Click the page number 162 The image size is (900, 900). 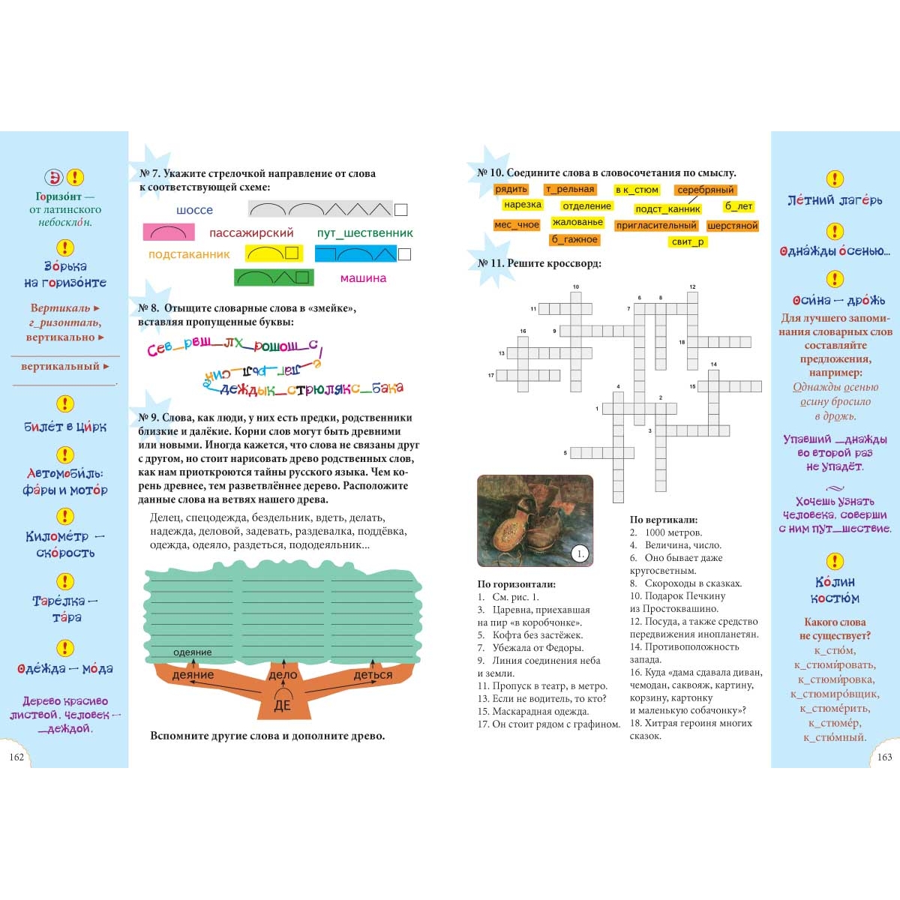(16, 757)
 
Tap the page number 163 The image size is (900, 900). (885, 757)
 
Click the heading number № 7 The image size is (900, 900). (150, 173)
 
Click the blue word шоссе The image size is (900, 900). (194, 210)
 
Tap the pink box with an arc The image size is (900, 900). (169, 232)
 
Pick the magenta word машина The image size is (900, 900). (363, 278)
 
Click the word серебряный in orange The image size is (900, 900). (705, 190)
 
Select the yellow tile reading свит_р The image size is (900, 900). (688, 241)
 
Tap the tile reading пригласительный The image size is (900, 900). (656, 226)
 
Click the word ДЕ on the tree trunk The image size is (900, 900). (282, 706)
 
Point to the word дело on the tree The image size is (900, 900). (283, 675)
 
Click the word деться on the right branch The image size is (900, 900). (373, 675)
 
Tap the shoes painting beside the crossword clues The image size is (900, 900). (535, 520)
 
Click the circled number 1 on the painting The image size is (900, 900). (579, 554)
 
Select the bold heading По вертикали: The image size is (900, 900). (664, 520)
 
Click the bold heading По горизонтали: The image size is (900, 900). (517, 584)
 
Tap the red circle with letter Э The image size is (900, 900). (55, 178)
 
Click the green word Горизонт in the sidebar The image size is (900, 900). (58, 196)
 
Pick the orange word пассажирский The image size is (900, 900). (251, 233)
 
